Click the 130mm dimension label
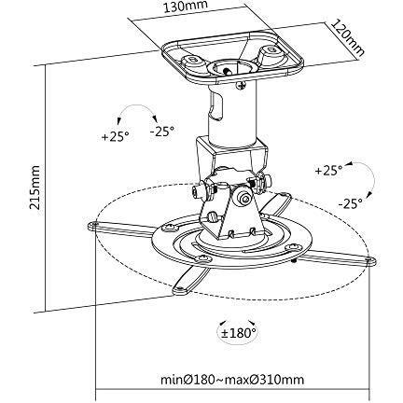coord(186,6)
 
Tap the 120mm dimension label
coord(347,37)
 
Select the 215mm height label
coord(34,188)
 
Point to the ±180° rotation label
coord(239,333)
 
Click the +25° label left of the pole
coord(115,136)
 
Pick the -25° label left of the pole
coord(162,132)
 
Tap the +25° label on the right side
coord(328,171)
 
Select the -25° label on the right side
coord(351,203)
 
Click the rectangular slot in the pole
coord(216,105)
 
